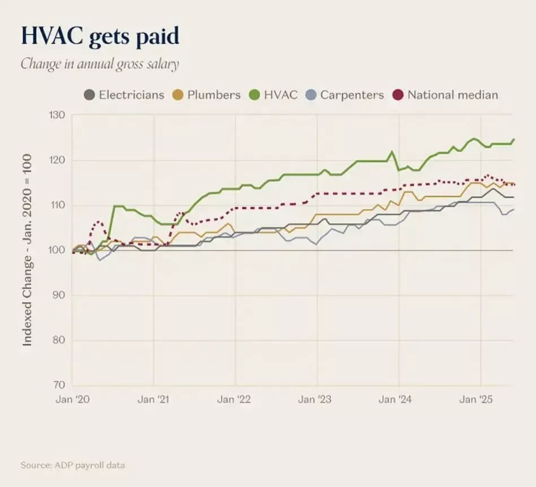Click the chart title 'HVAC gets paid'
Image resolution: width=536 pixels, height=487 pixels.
click(x=100, y=36)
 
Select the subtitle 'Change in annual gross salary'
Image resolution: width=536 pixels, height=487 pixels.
click(x=100, y=63)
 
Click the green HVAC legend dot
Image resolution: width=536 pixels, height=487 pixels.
click(x=254, y=95)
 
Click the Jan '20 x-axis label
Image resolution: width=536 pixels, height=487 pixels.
click(x=72, y=400)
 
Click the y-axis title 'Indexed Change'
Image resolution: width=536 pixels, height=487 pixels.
click(x=27, y=250)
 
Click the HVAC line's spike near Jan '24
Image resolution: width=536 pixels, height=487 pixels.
click(x=391, y=152)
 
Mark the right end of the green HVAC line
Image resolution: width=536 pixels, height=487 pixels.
click(x=513, y=139)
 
